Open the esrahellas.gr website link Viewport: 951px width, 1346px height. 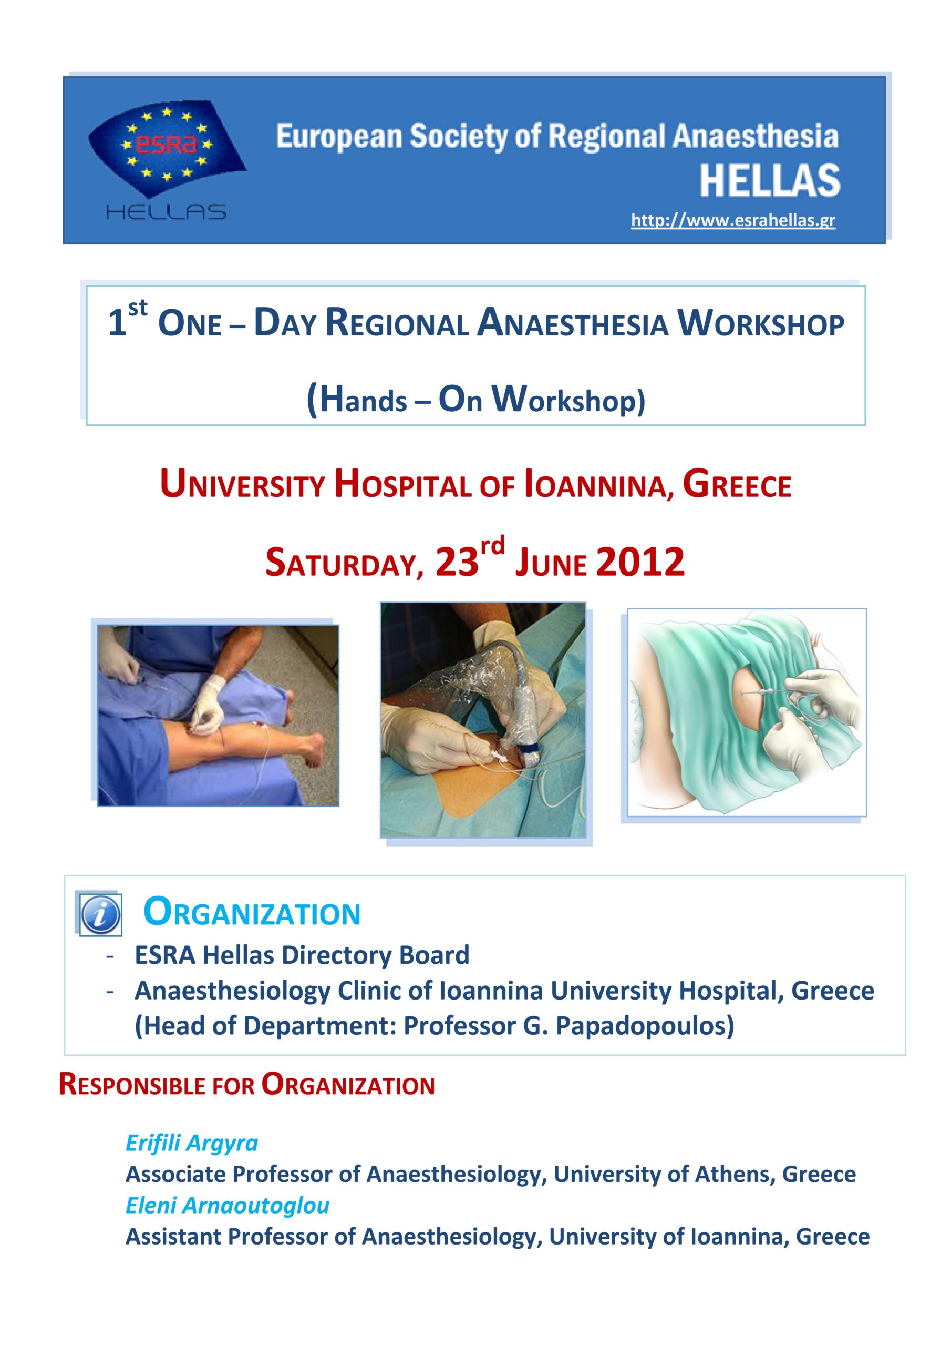(x=733, y=221)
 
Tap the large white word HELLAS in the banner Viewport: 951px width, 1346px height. (x=770, y=180)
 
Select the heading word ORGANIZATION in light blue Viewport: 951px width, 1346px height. (x=252, y=913)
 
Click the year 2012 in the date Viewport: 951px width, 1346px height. (x=640, y=561)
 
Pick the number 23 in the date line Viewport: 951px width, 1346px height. (x=457, y=561)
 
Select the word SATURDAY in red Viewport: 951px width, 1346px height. (x=345, y=562)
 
